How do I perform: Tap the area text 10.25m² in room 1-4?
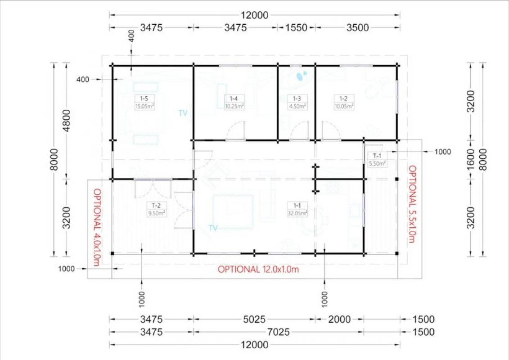tap(234, 106)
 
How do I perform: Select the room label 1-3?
tap(297, 99)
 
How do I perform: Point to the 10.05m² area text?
tap(344, 106)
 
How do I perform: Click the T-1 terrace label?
tap(377, 156)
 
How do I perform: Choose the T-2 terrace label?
tap(156, 206)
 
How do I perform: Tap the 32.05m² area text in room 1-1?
tap(297, 213)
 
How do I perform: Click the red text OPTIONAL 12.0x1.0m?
tap(258, 270)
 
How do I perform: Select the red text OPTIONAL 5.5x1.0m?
tap(412, 204)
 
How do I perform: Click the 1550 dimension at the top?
tap(296, 27)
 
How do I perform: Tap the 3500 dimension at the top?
tap(357, 27)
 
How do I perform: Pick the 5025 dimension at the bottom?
tap(254, 319)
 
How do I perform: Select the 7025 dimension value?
tap(279, 332)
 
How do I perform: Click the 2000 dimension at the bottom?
tap(339, 319)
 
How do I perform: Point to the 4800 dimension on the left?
tap(66, 121)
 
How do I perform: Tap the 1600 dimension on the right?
tap(471, 159)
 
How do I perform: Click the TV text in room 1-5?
tap(183, 113)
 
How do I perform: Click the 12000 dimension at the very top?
tap(255, 15)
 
